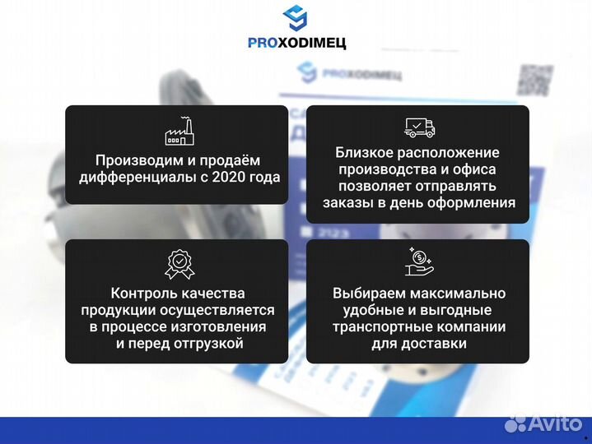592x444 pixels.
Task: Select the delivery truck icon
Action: (x=419, y=127)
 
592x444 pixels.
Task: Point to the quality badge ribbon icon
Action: (x=178, y=263)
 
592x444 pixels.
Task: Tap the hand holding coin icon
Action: (x=419, y=261)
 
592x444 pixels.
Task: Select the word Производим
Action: (x=136, y=160)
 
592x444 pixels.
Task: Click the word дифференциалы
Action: (x=131, y=177)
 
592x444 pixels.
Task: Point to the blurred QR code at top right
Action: (x=534, y=80)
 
